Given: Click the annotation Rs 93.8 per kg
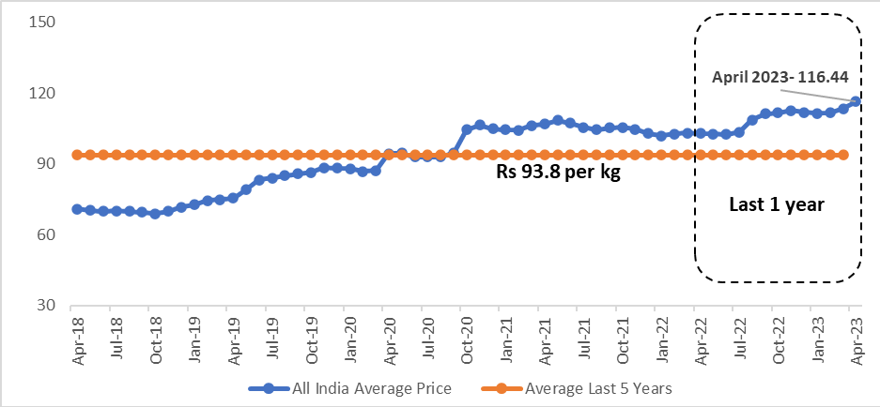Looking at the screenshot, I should click(x=558, y=173).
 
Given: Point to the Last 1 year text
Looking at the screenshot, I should click(x=776, y=203).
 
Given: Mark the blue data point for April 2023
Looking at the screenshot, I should click(x=856, y=101).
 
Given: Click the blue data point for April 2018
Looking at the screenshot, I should click(x=77, y=209).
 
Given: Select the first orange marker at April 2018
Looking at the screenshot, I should click(x=77, y=155).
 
